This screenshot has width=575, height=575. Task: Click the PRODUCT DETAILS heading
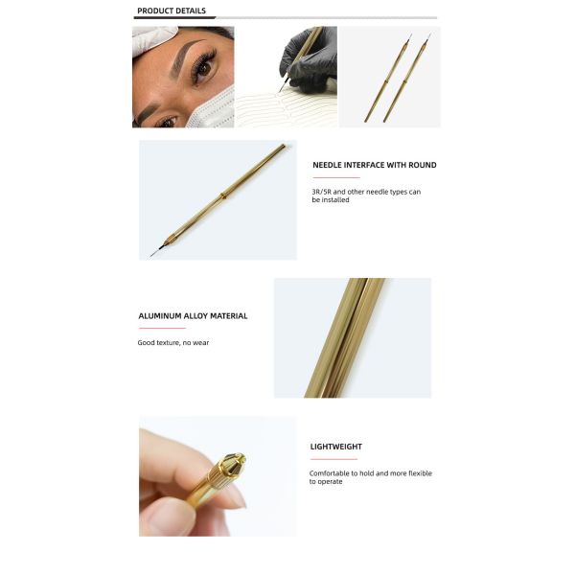[171, 11]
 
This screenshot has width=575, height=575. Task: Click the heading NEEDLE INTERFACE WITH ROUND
[374, 165]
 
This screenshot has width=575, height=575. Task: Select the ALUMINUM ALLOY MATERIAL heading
[193, 315]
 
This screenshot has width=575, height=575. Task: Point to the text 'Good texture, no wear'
[173, 342]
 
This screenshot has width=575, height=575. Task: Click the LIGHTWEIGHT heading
[335, 447]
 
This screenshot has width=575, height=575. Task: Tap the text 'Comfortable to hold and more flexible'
[371, 473]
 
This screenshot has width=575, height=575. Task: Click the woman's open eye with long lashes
[204, 69]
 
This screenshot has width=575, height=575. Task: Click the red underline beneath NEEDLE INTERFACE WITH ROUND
[335, 177]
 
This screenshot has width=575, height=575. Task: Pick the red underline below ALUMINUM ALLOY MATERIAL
[161, 328]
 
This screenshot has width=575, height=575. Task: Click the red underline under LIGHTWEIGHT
[333, 459]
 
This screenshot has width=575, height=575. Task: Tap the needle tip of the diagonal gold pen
[152, 254]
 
